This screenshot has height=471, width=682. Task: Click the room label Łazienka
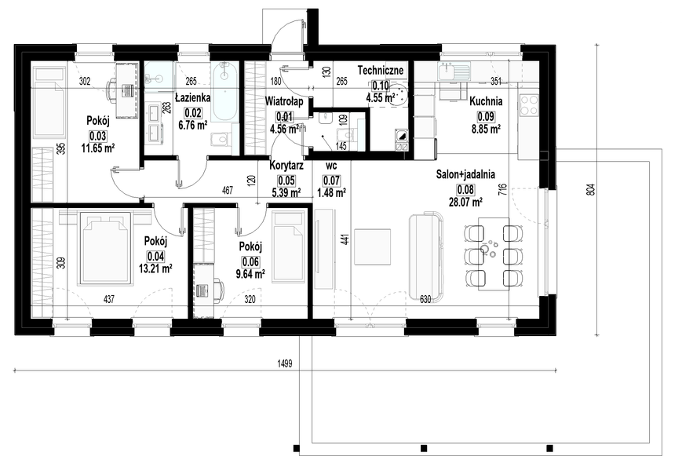(x=193, y=97)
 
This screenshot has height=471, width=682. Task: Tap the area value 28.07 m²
(x=465, y=203)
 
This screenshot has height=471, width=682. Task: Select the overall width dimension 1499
(x=285, y=363)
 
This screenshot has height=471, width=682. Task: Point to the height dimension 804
(x=590, y=190)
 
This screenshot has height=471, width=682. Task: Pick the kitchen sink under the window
(x=454, y=71)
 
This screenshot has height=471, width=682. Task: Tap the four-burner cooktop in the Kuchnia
(x=528, y=105)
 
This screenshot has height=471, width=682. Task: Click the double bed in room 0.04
(x=106, y=249)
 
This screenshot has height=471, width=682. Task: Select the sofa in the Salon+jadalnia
(x=426, y=257)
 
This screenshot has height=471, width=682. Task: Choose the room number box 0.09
(x=486, y=116)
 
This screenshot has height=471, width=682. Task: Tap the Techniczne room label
(x=381, y=70)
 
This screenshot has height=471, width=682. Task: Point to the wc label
(x=331, y=166)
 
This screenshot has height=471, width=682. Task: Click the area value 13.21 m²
(x=155, y=268)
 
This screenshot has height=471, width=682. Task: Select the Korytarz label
(x=286, y=166)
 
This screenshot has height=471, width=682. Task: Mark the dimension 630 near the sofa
(x=425, y=299)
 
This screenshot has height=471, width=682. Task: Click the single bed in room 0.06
(x=289, y=246)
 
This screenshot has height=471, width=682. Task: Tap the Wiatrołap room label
(x=284, y=101)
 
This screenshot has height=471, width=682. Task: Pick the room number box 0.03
(x=98, y=136)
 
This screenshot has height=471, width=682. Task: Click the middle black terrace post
(x=424, y=448)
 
